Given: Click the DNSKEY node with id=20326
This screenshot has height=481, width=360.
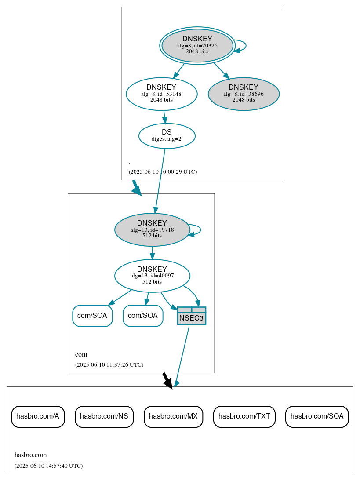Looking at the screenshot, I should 197,45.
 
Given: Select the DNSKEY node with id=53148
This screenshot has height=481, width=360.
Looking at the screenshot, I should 161,94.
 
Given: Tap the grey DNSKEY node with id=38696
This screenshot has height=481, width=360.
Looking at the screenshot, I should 244,94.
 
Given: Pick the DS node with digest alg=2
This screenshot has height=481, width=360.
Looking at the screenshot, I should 167,135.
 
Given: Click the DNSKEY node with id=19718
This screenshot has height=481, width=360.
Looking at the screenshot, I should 152,230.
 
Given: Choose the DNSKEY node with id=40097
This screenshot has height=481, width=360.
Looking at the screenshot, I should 152,276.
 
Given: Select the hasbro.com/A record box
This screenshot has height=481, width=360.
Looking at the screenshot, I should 38,416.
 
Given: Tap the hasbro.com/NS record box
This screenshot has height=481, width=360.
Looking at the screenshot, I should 104,416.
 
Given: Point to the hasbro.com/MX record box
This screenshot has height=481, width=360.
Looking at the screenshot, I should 173,416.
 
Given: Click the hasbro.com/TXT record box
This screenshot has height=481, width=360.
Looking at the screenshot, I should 244,416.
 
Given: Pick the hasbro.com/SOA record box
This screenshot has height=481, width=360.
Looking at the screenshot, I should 317,416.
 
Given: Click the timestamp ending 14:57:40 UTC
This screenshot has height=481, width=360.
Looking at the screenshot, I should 48,466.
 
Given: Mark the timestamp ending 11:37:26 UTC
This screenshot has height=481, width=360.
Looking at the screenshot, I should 109,364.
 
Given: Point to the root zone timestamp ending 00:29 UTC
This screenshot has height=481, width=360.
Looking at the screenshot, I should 163,171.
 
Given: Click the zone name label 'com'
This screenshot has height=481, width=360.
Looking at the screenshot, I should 81,354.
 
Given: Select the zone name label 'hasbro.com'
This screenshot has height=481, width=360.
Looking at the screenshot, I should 30,455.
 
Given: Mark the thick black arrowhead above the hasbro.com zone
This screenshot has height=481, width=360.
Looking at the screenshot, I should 167,383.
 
